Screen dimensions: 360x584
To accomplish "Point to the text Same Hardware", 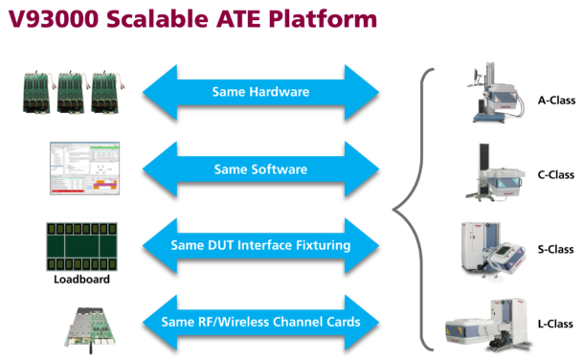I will click(x=260, y=93).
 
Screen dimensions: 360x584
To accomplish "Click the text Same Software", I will click(x=260, y=169).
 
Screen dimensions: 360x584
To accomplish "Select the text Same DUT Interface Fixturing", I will click(x=260, y=245).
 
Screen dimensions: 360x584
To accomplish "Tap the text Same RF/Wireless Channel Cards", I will click(x=260, y=322).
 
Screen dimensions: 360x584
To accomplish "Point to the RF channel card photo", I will click(x=90, y=325).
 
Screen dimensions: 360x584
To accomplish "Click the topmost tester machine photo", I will click(x=496, y=92).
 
